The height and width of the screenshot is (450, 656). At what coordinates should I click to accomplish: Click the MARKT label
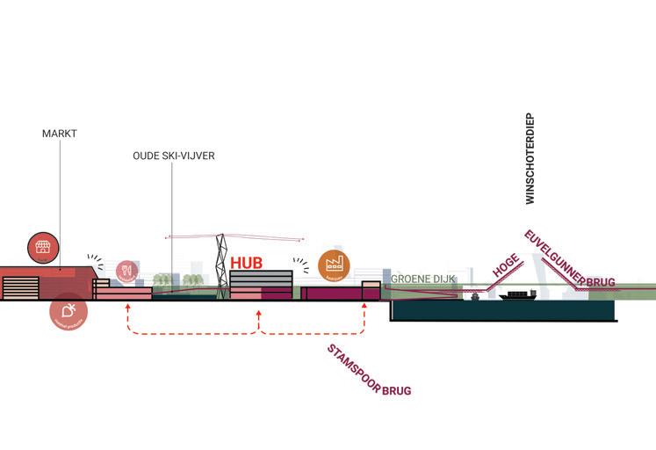pos(60,134)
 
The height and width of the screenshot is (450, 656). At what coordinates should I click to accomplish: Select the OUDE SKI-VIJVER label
pos(174,156)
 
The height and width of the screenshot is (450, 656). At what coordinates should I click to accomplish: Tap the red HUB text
pos(247,263)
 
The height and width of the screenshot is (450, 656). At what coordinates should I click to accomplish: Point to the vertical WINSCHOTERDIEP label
pos(530,159)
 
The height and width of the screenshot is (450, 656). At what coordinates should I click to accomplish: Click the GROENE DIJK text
pos(422,279)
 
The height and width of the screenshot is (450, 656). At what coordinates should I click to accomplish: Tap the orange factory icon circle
pos(334,264)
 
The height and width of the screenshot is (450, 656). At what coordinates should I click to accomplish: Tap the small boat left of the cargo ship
pos(475,296)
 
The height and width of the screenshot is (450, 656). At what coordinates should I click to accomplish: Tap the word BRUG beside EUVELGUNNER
pos(601,282)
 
